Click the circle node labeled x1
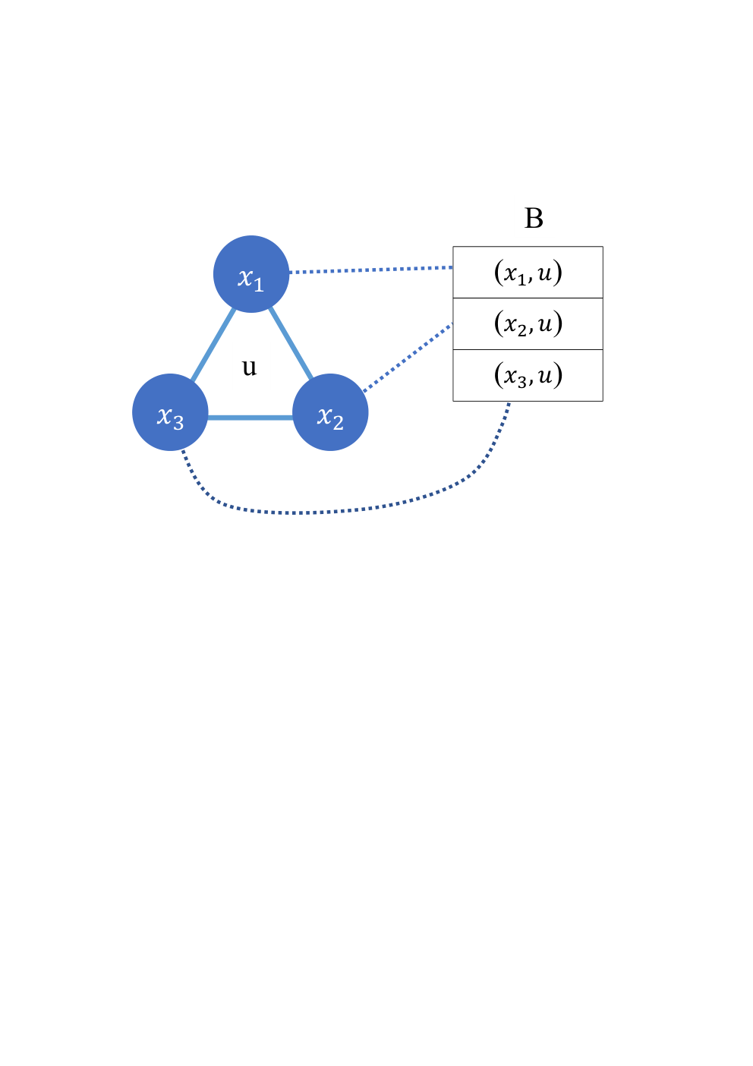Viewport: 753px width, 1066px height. click(x=251, y=274)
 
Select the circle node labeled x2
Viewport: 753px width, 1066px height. click(x=330, y=412)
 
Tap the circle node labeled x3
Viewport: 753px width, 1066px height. click(x=170, y=412)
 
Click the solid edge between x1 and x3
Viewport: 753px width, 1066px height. click(x=213, y=345)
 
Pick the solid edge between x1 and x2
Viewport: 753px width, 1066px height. click(x=291, y=344)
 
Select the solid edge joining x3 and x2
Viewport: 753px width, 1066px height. click(x=250, y=418)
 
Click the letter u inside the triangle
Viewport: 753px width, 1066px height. click(x=249, y=367)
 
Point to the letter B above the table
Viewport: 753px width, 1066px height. click(x=534, y=219)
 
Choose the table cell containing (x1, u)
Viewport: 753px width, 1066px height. click(x=528, y=273)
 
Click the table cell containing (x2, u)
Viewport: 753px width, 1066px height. click(x=528, y=323)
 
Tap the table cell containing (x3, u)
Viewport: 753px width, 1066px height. click(x=528, y=376)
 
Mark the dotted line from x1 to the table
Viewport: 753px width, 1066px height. click(x=371, y=270)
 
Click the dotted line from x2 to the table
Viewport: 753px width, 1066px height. click(x=407, y=358)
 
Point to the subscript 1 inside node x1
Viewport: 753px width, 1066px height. click(x=258, y=285)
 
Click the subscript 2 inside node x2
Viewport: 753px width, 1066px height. click(x=338, y=423)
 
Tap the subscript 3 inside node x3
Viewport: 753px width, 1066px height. click(x=178, y=423)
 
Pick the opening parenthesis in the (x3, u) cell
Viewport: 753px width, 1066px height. click(x=499, y=376)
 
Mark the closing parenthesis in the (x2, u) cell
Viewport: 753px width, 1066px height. click(x=557, y=323)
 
